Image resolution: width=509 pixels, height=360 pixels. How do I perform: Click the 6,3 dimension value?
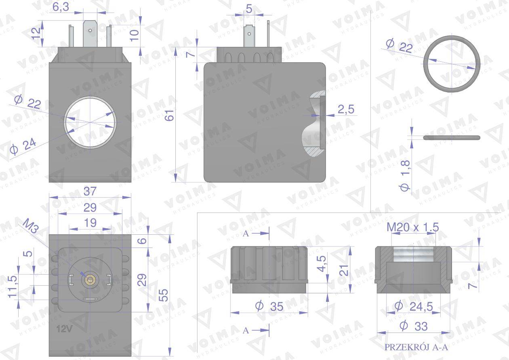[61, 7]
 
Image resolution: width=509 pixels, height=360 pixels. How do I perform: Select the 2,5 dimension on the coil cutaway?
[346, 109]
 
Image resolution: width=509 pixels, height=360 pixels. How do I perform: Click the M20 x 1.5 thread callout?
[413, 227]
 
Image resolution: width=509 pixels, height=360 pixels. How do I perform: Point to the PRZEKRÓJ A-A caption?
[416, 347]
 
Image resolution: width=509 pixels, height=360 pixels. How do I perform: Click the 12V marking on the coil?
[64, 328]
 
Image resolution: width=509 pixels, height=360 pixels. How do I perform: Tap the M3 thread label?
[31, 225]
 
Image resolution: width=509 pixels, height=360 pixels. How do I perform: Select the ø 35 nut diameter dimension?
[269, 306]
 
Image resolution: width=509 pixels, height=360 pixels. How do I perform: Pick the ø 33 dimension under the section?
[414, 326]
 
